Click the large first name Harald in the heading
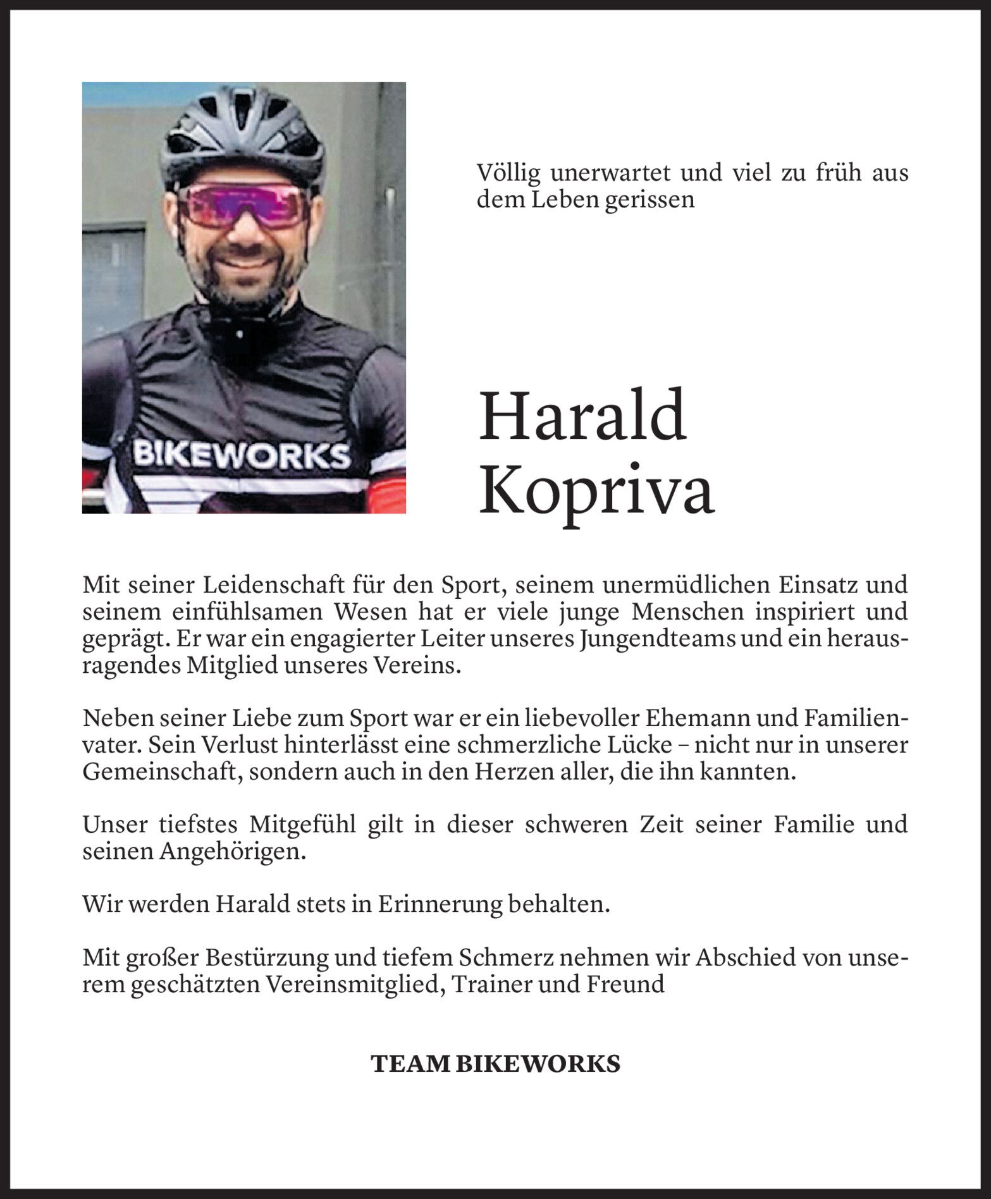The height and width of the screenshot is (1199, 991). pos(582,417)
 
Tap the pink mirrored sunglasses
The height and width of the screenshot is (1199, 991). pos(243,205)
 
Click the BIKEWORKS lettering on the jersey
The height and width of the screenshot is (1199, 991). pos(242,454)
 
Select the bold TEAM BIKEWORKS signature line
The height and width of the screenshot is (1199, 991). pos(495,1064)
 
